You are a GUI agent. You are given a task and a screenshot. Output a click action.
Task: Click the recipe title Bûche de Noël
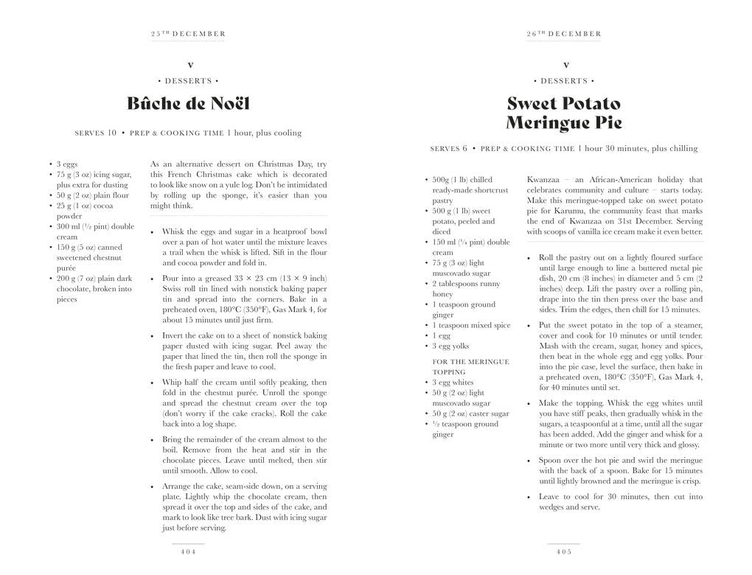(188, 103)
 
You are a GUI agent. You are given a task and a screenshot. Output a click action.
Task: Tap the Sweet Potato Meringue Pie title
(564, 113)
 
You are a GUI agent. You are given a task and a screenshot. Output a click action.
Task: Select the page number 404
(188, 551)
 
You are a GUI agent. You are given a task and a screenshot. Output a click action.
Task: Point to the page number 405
(564, 551)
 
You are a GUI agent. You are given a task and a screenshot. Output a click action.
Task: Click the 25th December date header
(188, 34)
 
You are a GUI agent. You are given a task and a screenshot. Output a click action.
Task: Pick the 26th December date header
(564, 34)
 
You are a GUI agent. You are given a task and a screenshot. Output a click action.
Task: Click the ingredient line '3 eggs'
(67, 164)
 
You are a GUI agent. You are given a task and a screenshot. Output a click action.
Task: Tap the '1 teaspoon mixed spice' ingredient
(471, 325)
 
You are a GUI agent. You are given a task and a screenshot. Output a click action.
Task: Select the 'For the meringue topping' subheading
(470, 366)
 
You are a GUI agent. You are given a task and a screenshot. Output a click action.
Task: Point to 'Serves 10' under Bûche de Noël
(96, 133)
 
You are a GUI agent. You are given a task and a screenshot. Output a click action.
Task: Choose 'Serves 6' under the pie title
(449, 149)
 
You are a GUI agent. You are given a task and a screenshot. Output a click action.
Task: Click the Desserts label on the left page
(188, 81)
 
